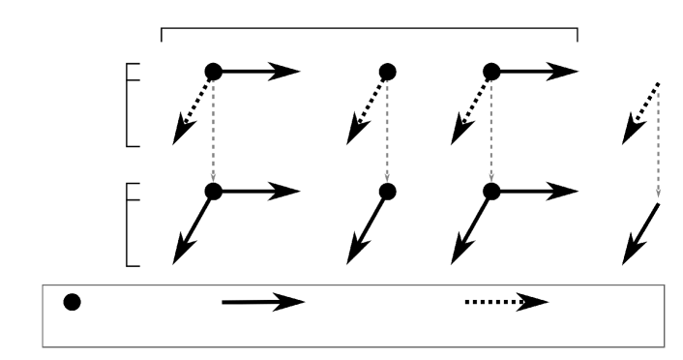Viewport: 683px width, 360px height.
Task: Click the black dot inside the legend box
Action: pyautogui.click(x=72, y=302)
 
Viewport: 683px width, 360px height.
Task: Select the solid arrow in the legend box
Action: pyautogui.click(x=262, y=303)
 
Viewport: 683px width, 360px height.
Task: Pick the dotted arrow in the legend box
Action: pyautogui.click(x=505, y=303)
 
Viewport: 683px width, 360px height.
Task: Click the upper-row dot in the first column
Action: pyautogui.click(x=214, y=71)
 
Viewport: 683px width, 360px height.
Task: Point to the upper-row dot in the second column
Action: pyautogui.click(x=388, y=71)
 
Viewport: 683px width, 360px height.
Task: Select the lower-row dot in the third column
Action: pyautogui.click(x=491, y=192)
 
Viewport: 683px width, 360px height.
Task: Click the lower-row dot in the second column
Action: pyautogui.click(x=388, y=192)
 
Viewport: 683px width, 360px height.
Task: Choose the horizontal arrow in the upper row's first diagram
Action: pyautogui.click(x=261, y=71)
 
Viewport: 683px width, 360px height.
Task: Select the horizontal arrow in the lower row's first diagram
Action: pyautogui.click(x=261, y=192)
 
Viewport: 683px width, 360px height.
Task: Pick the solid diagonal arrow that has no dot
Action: pyautogui.click(x=640, y=232)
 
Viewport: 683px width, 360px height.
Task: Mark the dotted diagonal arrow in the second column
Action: pyautogui.click(x=372, y=104)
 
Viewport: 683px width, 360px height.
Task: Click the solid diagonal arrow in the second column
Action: pyautogui.click(x=371, y=225)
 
